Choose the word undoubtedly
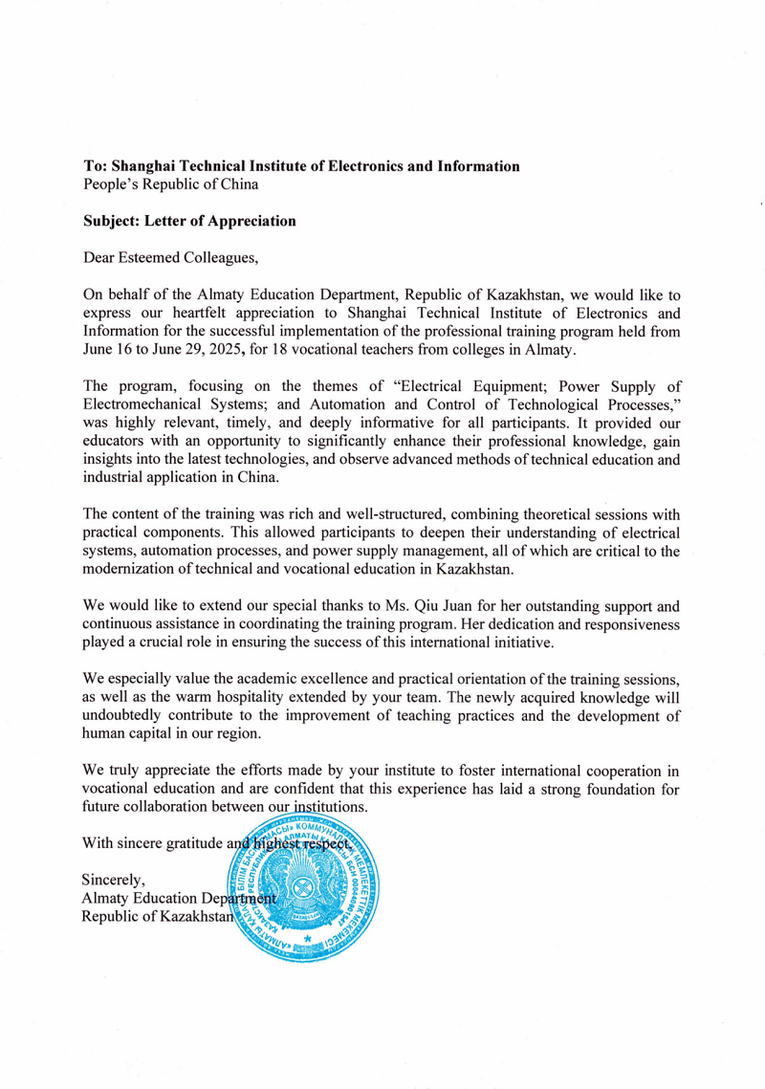(126, 716)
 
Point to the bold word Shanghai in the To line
(145, 165)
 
